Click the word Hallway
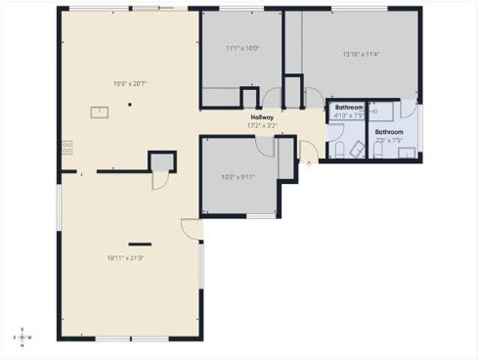click(261, 117)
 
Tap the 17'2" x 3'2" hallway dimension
click(261, 125)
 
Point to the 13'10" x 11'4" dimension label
click(360, 54)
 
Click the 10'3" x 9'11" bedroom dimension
click(238, 177)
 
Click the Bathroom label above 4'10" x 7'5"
click(348, 107)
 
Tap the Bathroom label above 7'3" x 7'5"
click(388, 132)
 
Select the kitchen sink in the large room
click(100, 112)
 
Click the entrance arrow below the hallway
click(310, 163)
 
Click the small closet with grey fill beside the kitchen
click(161, 161)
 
